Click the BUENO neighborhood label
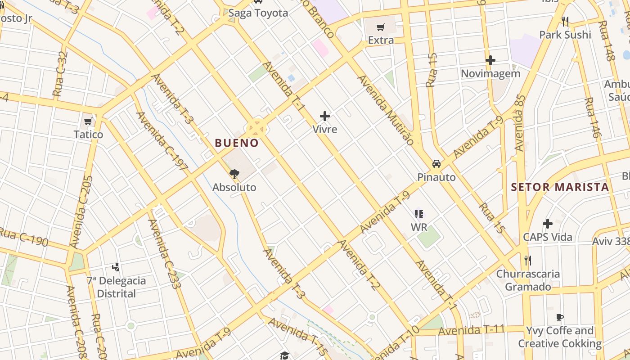point(237,143)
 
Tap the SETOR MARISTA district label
point(560,187)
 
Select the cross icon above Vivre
point(325,116)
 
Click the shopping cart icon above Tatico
point(88,121)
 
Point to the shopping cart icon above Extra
point(381,27)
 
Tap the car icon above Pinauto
point(436,163)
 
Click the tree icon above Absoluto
point(234,174)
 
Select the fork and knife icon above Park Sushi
point(565,21)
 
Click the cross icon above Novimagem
point(490,60)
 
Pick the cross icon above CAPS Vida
point(548,223)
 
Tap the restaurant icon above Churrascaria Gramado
point(528,260)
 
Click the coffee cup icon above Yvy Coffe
point(559,317)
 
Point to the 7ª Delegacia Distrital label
point(117,287)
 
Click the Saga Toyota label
point(258,13)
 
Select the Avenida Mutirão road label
point(385,110)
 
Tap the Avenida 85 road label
point(520,122)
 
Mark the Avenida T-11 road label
point(471,331)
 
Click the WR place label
point(419,227)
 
